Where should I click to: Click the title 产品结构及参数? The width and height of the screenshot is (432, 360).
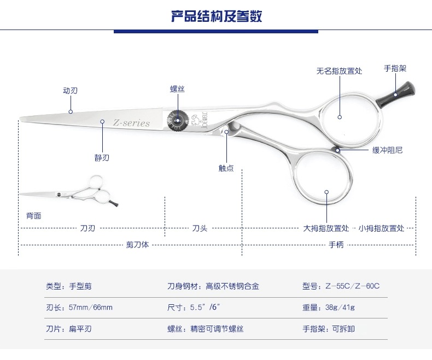click(x=217, y=16)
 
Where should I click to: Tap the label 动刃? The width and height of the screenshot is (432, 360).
click(x=70, y=91)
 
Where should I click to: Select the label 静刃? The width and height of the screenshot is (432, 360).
click(x=102, y=158)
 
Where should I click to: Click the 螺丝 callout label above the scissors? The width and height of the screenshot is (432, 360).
click(x=177, y=88)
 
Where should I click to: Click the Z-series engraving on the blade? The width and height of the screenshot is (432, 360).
click(x=131, y=123)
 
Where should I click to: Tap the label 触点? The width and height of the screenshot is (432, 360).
click(x=226, y=168)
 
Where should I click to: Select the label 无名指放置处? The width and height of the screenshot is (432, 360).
click(x=339, y=71)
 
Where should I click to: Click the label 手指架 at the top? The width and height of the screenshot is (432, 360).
click(x=395, y=69)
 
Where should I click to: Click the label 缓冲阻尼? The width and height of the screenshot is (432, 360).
click(x=387, y=150)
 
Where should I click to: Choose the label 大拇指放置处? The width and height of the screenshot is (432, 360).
click(x=326, y=228)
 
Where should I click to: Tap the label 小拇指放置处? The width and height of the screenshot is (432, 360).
click(x=382, y=228)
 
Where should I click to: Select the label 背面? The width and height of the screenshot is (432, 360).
click(x=34, y=215)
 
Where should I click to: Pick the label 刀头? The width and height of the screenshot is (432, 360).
click(x=199, y=228)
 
